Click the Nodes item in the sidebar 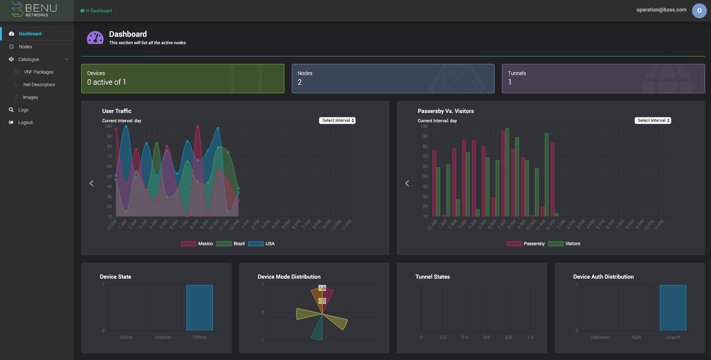25,47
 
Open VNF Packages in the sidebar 38,72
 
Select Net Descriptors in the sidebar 39,85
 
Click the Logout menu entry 25,123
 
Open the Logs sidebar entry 23,110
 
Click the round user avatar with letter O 699,11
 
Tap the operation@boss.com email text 661,10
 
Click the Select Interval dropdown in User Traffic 337,120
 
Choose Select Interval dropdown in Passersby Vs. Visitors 653,120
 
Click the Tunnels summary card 603,78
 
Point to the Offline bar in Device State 199,308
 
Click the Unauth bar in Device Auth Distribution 673,308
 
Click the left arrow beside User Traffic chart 92,183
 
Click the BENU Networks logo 35,10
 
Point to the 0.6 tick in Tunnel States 486,337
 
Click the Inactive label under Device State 163,337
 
